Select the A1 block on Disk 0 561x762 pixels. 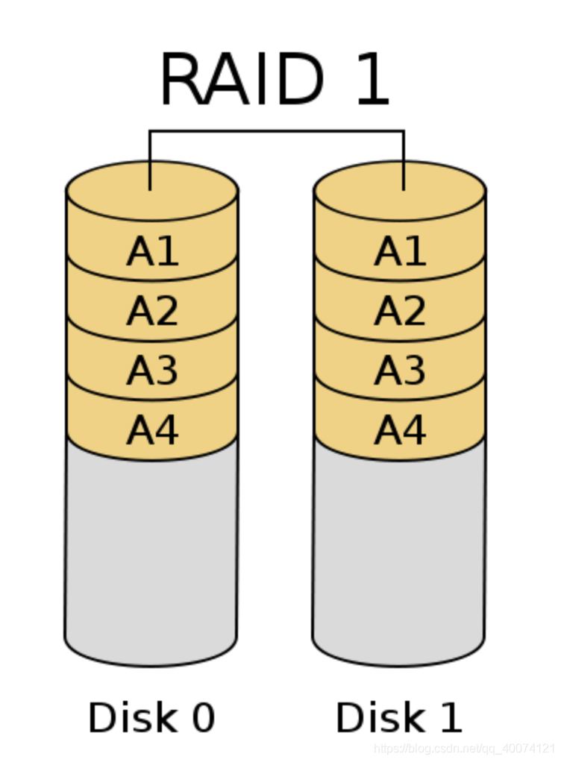152,251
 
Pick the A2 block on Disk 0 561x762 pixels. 152,310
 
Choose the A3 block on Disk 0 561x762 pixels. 152,370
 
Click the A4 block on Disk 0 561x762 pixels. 152,429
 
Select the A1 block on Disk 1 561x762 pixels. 400,251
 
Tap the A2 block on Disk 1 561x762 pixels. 400,310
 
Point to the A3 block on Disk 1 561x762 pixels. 400,370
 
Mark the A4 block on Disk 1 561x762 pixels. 400,429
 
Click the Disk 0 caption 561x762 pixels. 151,717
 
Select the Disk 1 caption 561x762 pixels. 399,717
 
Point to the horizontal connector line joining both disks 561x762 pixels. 276,132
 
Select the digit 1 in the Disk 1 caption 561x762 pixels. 449,717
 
